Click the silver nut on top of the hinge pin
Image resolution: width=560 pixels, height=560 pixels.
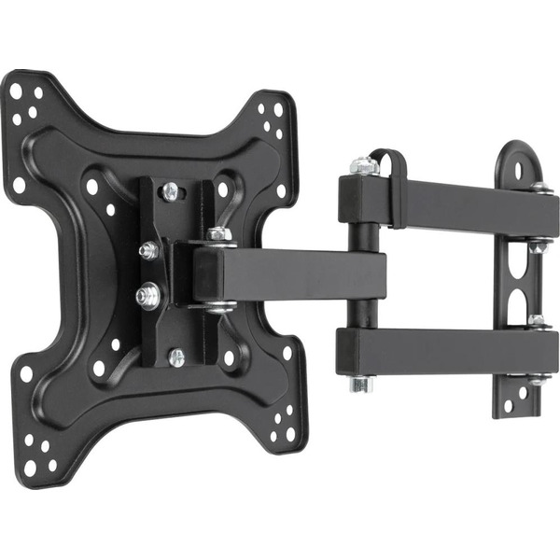click(364, 165)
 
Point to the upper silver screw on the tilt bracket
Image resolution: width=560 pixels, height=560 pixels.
click(170, 191)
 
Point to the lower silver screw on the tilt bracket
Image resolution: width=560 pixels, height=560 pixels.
click(176, 357)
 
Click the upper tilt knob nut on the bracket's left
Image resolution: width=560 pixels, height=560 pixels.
click(147, 250)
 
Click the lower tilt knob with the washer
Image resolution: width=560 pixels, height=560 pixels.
click(146, 296)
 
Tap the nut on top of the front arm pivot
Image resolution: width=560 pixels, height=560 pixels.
click(218, 233)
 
